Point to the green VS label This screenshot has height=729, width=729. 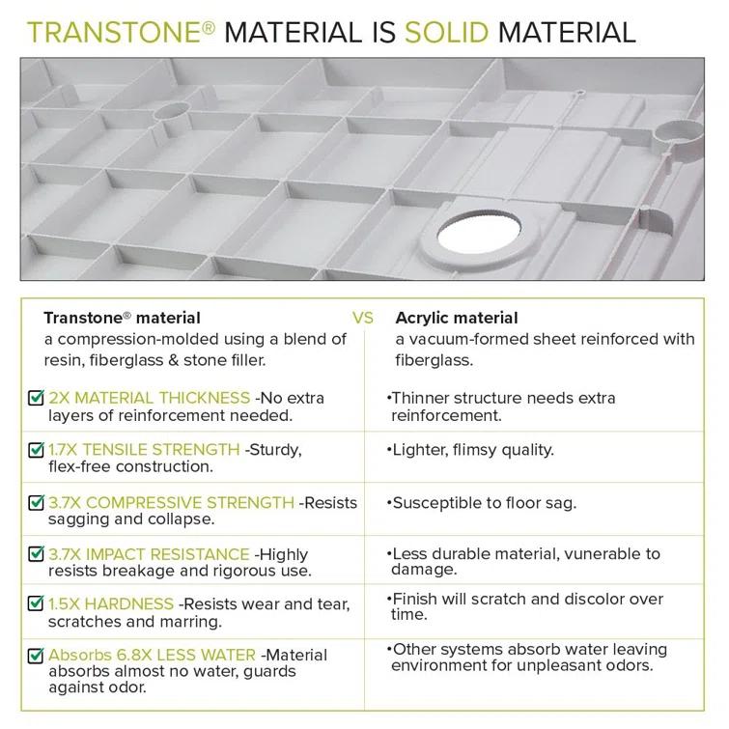tap(363, 318)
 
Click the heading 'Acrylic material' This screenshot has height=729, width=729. tap(457, 318)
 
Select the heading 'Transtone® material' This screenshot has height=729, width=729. tap(123, 318)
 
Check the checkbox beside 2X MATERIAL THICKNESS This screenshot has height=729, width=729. tap(37, 398)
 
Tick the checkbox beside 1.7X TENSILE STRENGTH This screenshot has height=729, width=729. tap(37, 450)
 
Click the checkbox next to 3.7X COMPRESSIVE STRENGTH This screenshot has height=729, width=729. tap(37, 502)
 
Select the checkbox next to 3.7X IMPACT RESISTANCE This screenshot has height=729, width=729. tap(37, 554)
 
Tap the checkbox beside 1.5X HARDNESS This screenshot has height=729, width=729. tap(37, 604)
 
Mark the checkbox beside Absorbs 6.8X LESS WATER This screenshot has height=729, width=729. tap(37, 655)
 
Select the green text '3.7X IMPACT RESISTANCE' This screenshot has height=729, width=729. tap(150, 553)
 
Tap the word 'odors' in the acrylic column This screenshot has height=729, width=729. tap(632, 665)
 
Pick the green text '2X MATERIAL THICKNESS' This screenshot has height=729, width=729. tap(150, 398)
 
